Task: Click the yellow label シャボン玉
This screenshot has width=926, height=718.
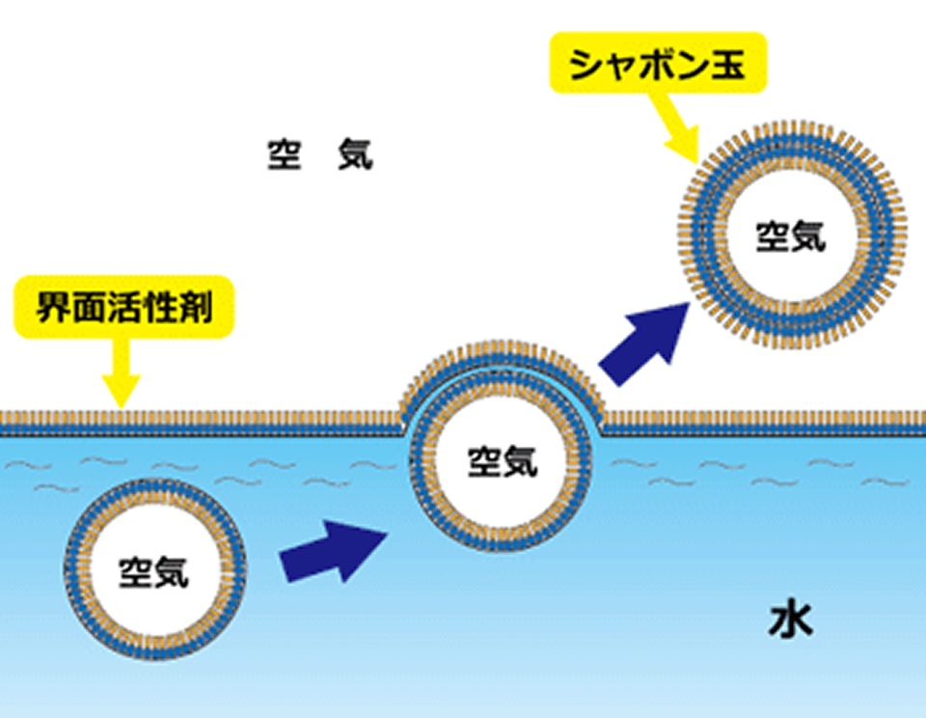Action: tap(658, 65)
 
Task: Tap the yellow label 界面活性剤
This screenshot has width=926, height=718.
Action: tap(123, 309)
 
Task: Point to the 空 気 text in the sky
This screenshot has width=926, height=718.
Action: tap(319, 154)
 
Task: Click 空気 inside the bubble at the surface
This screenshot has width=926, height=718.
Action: tap(502, 461)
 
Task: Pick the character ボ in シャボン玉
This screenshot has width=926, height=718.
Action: tap(658, 65)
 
